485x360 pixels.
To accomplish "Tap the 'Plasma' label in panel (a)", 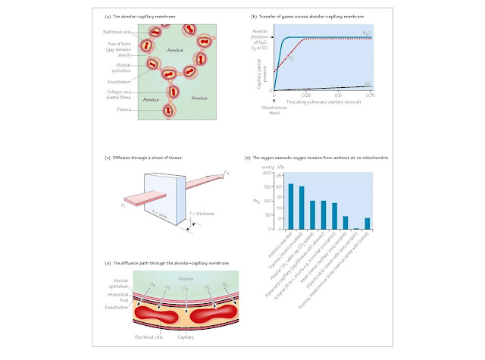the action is pyautogui.click(x=120, y=109).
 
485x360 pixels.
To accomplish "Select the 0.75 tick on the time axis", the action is pyautogui.click(x=371, y=95).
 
